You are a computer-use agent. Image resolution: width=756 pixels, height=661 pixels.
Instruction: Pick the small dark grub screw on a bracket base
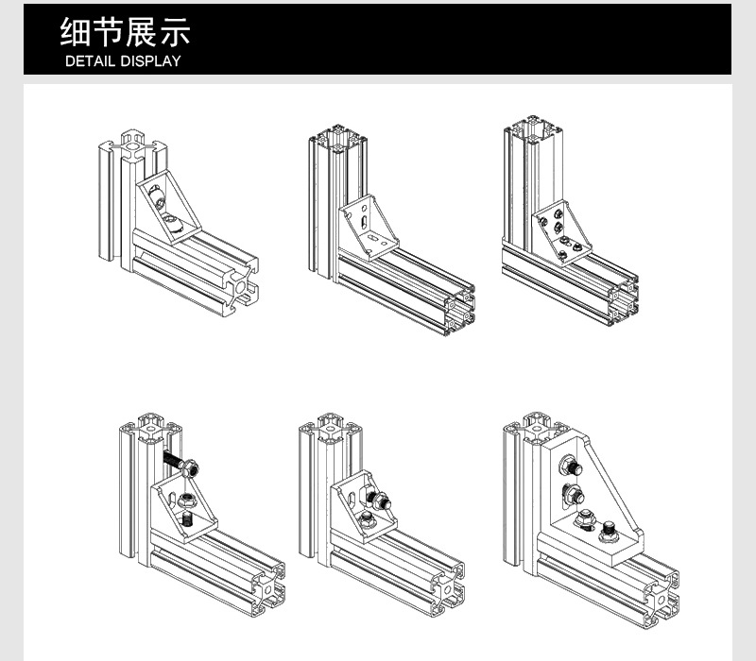tap(186, 519)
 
